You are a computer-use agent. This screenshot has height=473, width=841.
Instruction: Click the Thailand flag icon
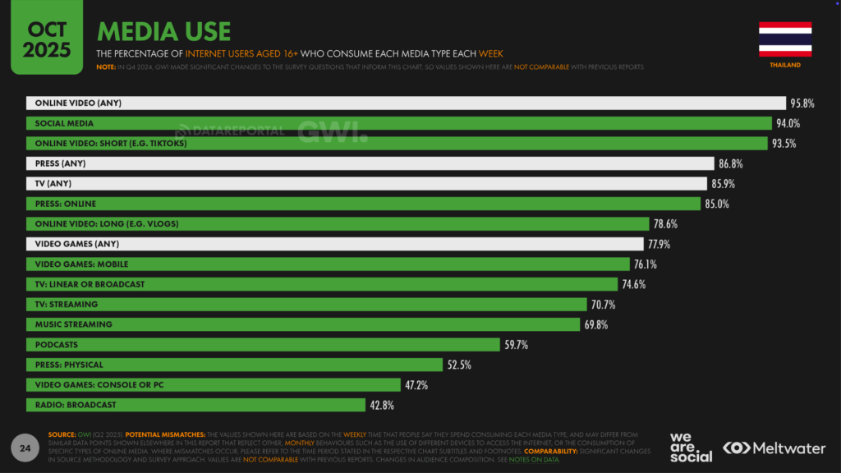tap(785, 38)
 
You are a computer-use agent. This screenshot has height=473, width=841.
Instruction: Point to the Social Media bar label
tap(64, 123)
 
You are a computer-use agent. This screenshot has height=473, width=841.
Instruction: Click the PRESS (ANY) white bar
tap(370, 163)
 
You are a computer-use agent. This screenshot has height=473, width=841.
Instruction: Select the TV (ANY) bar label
tap(54, 183)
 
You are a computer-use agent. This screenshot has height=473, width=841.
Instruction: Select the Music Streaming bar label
tap(73, 324)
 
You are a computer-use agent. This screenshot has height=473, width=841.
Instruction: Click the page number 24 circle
tap(25, 448)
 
